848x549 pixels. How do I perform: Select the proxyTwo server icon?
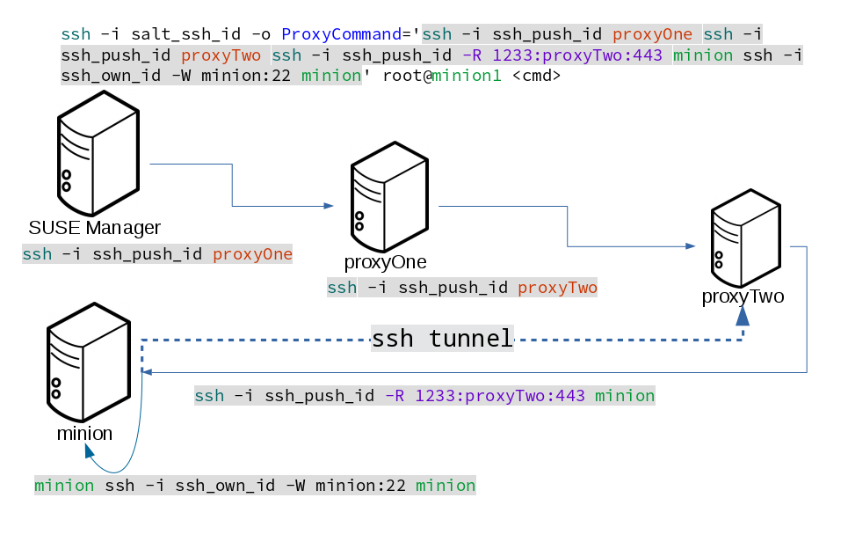pyautogui.click(x=745, y=237)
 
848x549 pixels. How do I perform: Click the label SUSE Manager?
pyautogui.click(x=95, y=229)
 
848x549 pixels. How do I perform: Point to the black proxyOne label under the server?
pyautogui.click(x=386, y=262)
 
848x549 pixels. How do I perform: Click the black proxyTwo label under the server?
pyautogui.click(x=743, y=296)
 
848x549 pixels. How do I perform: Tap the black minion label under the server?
pyautogui.click(x=84, y=433)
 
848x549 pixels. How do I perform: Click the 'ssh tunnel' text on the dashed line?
pyautogui.click(x=442, y=339)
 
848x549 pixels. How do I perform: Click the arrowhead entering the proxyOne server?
pyautogui.click(x=329, y=206)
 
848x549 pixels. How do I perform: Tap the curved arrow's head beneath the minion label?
pyautogui.click(x=89, y=451)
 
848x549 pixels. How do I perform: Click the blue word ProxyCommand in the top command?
pyautogui.click(x=340, y=35)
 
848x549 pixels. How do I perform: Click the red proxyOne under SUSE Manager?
pyautogui.click(x=252, y=255)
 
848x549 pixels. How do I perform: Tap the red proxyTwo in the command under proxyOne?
pyautogui.click(x=557, y=288)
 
